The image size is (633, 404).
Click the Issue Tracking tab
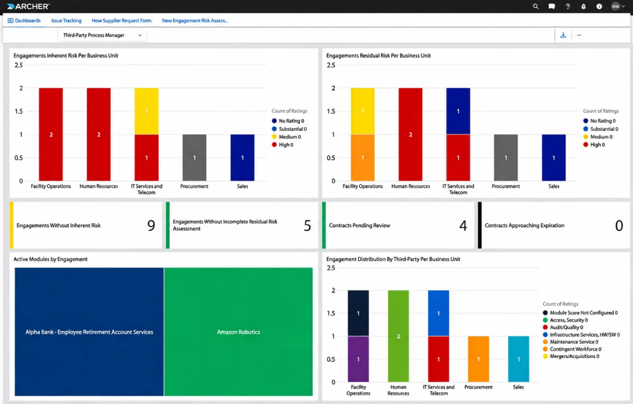[66, 21]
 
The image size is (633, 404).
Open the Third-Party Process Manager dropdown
[102, 35]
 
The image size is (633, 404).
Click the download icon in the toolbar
[563, 35]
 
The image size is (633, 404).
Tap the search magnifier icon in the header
[535, 7]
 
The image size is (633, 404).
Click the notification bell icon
[583, 7]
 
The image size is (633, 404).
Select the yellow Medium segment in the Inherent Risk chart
[147, 111]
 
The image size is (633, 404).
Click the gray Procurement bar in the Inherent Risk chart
[194, 158]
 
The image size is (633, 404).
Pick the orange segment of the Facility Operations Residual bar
[363, 158]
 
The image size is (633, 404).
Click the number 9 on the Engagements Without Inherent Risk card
[151, 225]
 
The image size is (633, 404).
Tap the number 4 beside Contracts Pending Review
[463, 225]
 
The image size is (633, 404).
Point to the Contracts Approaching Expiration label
[524, 225]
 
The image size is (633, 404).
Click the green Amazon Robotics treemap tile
[238, 332]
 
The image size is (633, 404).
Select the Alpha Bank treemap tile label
[89, 332]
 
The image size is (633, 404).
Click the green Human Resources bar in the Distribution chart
[399, 336]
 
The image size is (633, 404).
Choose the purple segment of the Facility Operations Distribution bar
[358, 359]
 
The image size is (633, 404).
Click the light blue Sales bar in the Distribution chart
[518, 359]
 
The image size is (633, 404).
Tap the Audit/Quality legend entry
[563, 327]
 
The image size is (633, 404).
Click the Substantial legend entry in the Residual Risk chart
[600, 129]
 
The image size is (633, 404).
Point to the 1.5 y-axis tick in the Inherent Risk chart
[18, 111]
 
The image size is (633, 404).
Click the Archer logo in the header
[28, 7]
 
